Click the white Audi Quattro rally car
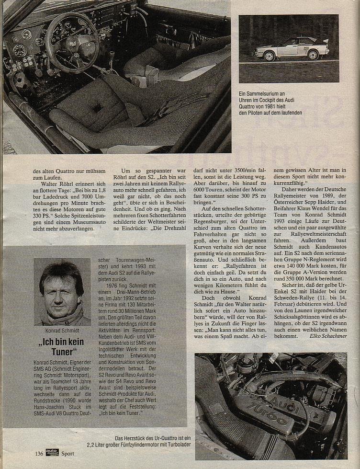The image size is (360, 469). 292,48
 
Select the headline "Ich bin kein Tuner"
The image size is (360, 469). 61,347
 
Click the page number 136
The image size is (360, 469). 39,453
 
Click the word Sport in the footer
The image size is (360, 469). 67,454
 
